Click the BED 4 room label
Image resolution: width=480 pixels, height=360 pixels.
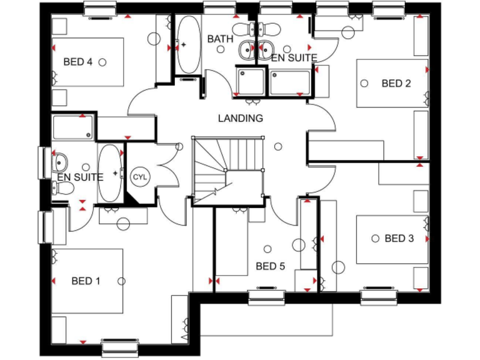(78, 62)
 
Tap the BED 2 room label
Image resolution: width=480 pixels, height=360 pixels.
(396, 83)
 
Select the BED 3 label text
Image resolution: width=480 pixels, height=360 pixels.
(399, 238)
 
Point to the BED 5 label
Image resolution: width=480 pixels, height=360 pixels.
(270, 267)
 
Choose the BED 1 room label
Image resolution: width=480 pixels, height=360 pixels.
(86, 281)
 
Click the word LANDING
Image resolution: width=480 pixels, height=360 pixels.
(241, 117)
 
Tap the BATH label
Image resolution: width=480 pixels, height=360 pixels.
(220, 39)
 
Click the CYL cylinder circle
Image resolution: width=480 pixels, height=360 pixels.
(139, 177)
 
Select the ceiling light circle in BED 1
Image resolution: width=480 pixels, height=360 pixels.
(124, 281)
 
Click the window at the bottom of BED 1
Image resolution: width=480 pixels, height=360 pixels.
(119, 347)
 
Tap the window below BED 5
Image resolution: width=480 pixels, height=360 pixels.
(267, 297)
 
